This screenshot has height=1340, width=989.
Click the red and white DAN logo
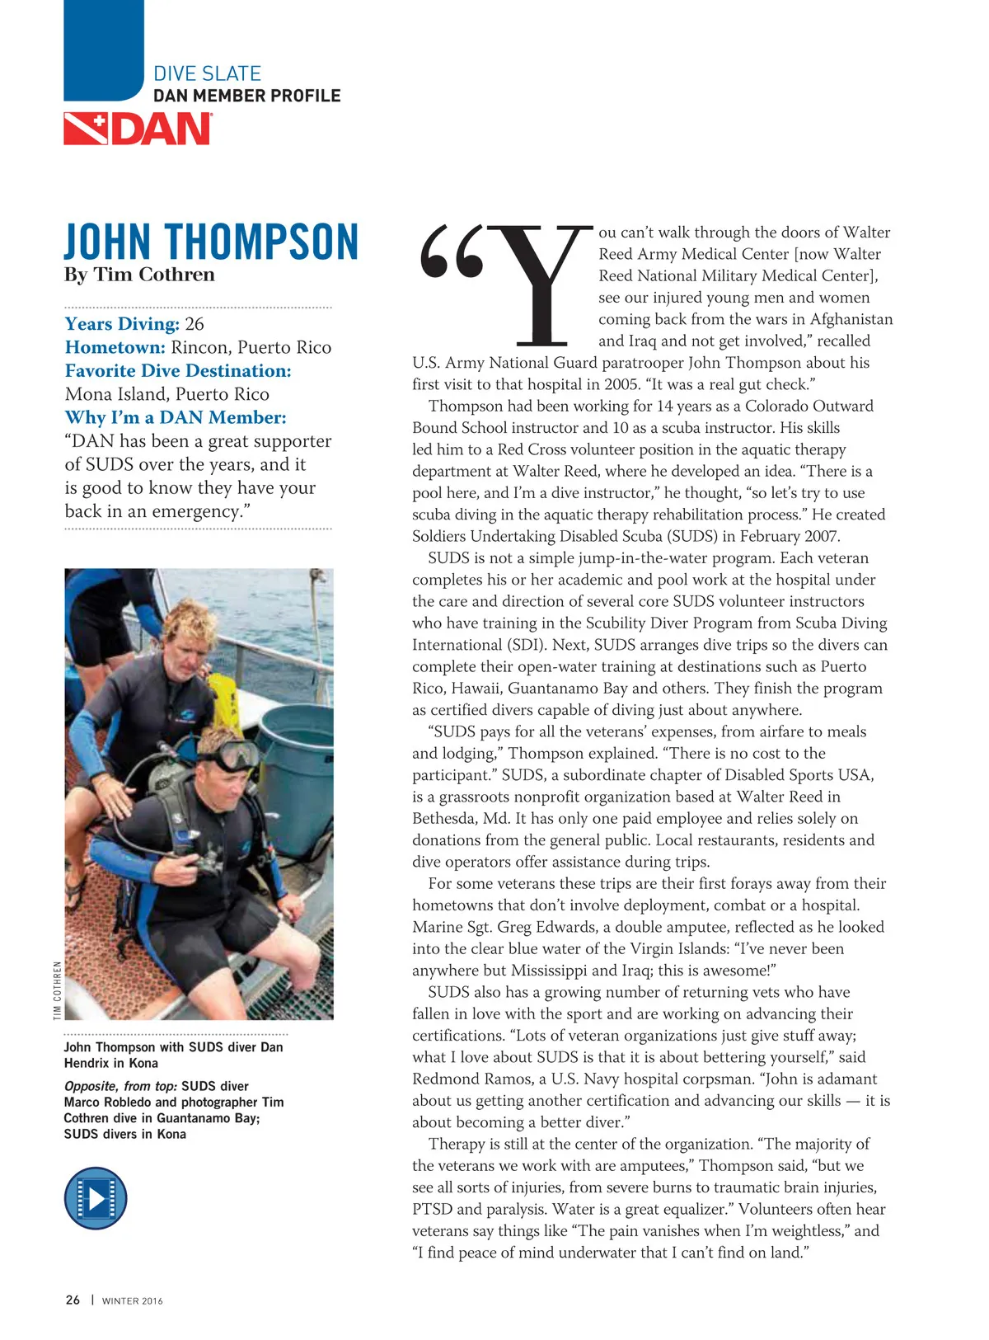pyautogui.click(x=138, y=129)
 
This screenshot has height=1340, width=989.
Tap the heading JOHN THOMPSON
pyautogui.click(x=211, y=242)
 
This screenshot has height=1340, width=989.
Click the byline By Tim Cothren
pyautogui.click(x=139, y=275)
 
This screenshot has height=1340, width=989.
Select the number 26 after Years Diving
pyautogui.click(x=195, y=324)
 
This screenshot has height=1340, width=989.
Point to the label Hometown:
pyautogui.click(x=115, y=347)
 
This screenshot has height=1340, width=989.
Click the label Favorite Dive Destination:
pyautogui.click(x=178, y=371)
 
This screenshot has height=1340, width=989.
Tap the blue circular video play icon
pyautogui.click(x=96, y=1198)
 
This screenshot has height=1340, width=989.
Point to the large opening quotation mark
pyautogui.click(x=451, y=252)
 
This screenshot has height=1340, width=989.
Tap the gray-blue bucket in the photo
pyautogui.click(x=297, y=767)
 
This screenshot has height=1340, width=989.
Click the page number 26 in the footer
pyautogui.click(x=73, y=1300)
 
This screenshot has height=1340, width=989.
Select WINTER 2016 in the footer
pyautogui.click(x=132, y=1301)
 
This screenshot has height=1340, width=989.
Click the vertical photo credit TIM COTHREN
pyautogui.click(x=58, y=990)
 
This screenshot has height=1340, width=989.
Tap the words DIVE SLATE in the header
pyautogui.click(x=207, y=73)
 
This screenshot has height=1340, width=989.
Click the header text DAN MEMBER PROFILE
pyautogui.click(x=246, y=96)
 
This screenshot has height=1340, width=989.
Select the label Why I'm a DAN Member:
pyautogui.click(x=176, y=418)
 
